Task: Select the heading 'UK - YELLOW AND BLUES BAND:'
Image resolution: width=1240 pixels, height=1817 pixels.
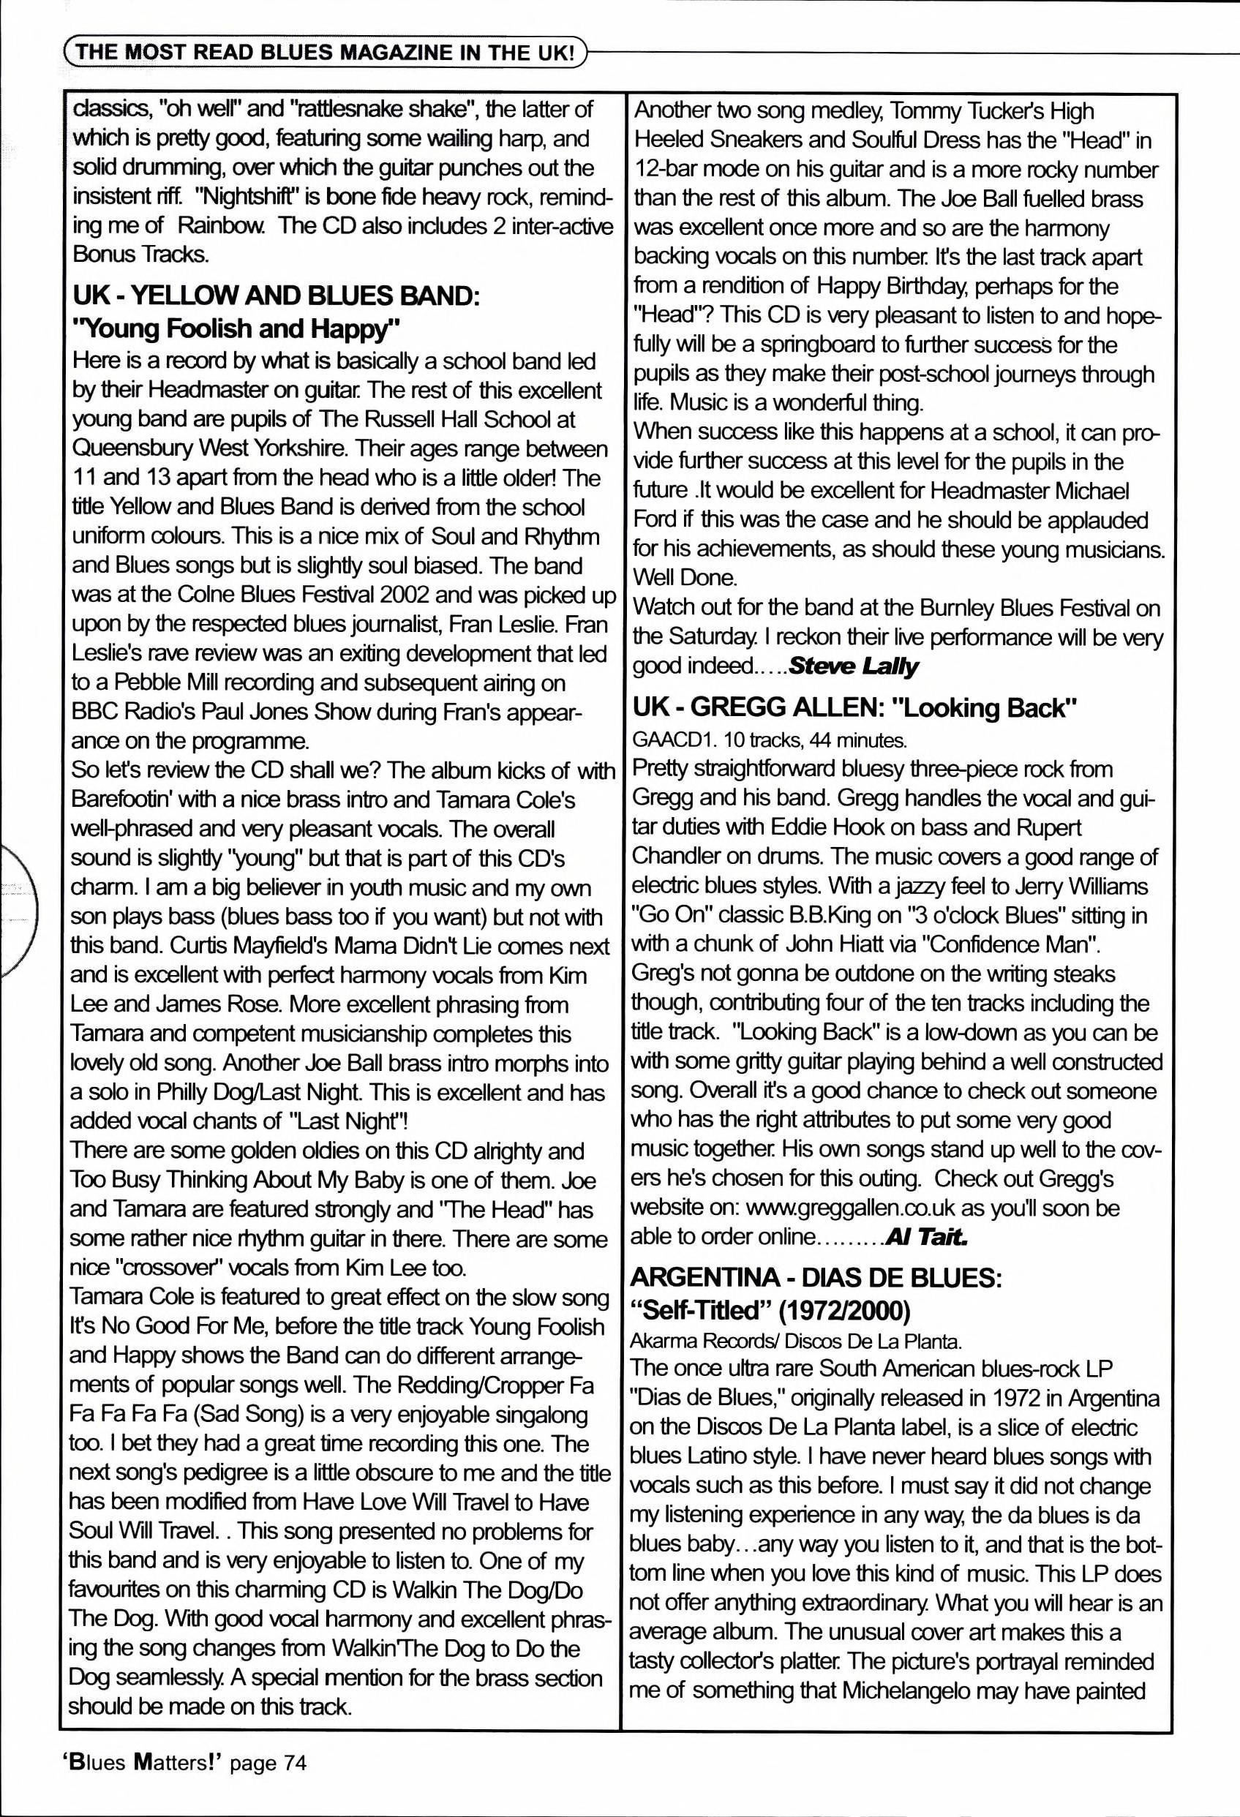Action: [x=275, y=296]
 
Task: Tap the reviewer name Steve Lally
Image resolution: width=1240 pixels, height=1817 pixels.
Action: [x=853, y=666]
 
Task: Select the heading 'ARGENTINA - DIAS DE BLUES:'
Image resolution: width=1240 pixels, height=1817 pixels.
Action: [x=816, y=1277]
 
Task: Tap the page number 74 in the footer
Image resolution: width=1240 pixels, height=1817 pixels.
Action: [x=294, y=1762]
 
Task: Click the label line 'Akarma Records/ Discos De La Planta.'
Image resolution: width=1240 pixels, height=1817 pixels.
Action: [x=796, y=1342]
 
